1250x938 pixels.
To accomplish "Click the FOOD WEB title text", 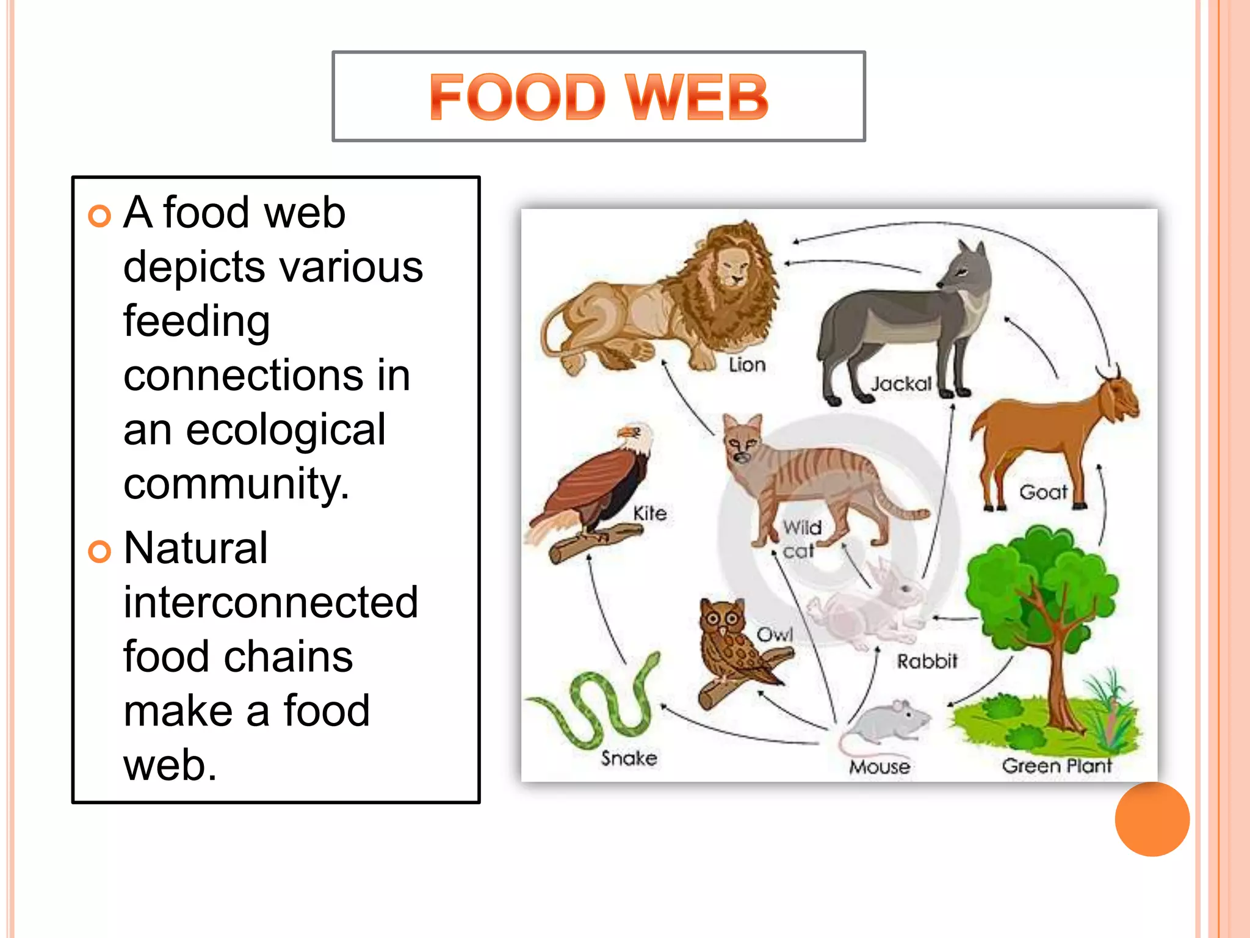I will click(x=598, y=97).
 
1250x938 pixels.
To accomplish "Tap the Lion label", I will click(x=747, y=365).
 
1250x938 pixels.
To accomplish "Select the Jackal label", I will click(x=901, y=384).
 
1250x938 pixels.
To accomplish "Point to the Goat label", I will click(x=1042, y=492).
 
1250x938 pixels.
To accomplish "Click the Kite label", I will click(x=649, y=513).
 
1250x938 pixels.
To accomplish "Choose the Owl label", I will click(x=775, y=634).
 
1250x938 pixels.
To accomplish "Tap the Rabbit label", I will click(x=927, y=661).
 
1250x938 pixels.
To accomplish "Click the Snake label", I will click(x=629, y=758).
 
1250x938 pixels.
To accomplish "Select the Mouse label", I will click(x=880, y=766).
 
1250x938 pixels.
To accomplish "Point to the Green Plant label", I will click(x=1057, y=765).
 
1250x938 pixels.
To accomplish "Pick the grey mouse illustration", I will click(x=888, y=724).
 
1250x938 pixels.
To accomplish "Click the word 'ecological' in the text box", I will click(x=286, y=429).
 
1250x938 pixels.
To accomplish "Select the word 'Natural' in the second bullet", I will click(x=195, y=548).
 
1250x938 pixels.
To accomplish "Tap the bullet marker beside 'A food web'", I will click(x=99, y=216).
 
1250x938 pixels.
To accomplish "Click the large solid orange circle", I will click(x=1152, y=819).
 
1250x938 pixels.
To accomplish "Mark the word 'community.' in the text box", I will click(x=237, y=484).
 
